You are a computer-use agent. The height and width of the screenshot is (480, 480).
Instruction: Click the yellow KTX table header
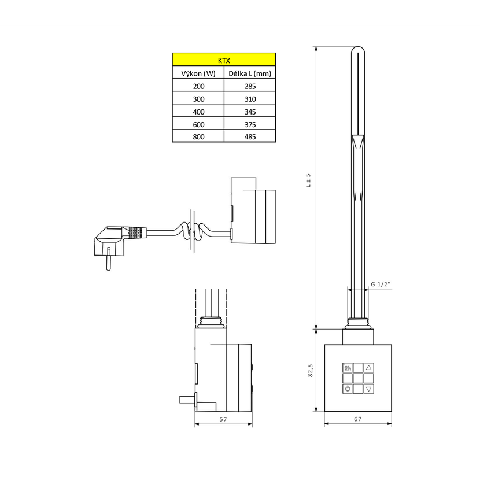(224, 60)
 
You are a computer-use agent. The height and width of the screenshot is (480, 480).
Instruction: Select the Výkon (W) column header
(198, 73)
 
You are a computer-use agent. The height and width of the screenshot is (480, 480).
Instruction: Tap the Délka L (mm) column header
(250, 73)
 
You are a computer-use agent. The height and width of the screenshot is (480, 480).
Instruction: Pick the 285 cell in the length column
(250, 86)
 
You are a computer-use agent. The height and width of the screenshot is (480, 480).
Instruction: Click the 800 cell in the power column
(198, 137)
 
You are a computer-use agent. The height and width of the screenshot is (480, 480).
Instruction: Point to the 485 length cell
(250, 137)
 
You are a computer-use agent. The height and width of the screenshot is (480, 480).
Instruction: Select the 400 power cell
(198, 112)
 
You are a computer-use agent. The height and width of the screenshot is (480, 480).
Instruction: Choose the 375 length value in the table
(250, 124)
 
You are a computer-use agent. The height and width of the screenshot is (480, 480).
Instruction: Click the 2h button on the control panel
(348, 368)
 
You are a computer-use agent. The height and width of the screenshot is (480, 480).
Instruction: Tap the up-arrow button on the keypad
(368, 368)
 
